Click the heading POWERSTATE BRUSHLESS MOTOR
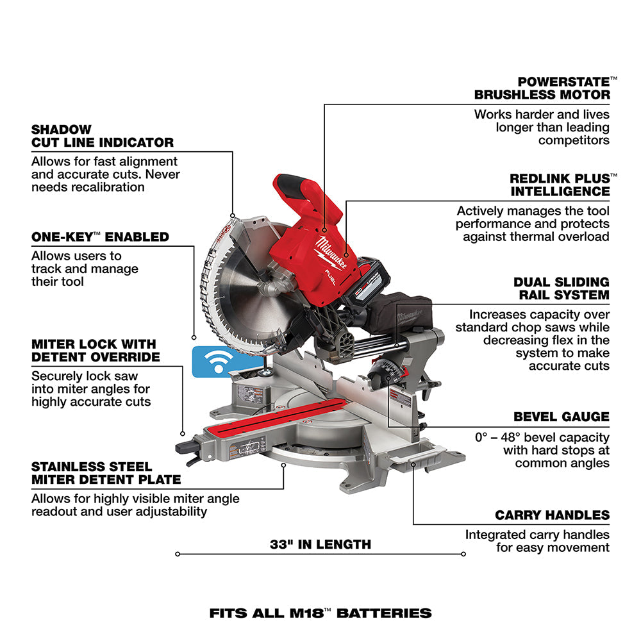pos(542,88)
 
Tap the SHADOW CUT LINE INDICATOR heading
pos(103,136)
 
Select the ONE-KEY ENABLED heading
pos(100,237)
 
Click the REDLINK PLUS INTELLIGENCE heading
pos(560,185)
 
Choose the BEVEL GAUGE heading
pos(561,417)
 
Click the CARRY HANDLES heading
pos(552,515)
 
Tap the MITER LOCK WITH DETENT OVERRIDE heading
pos(96,351)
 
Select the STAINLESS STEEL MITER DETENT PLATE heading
pos(106,473)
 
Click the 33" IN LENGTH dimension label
pos(320,544)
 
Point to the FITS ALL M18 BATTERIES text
pos(320,613)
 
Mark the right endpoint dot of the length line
pos(463,554)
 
